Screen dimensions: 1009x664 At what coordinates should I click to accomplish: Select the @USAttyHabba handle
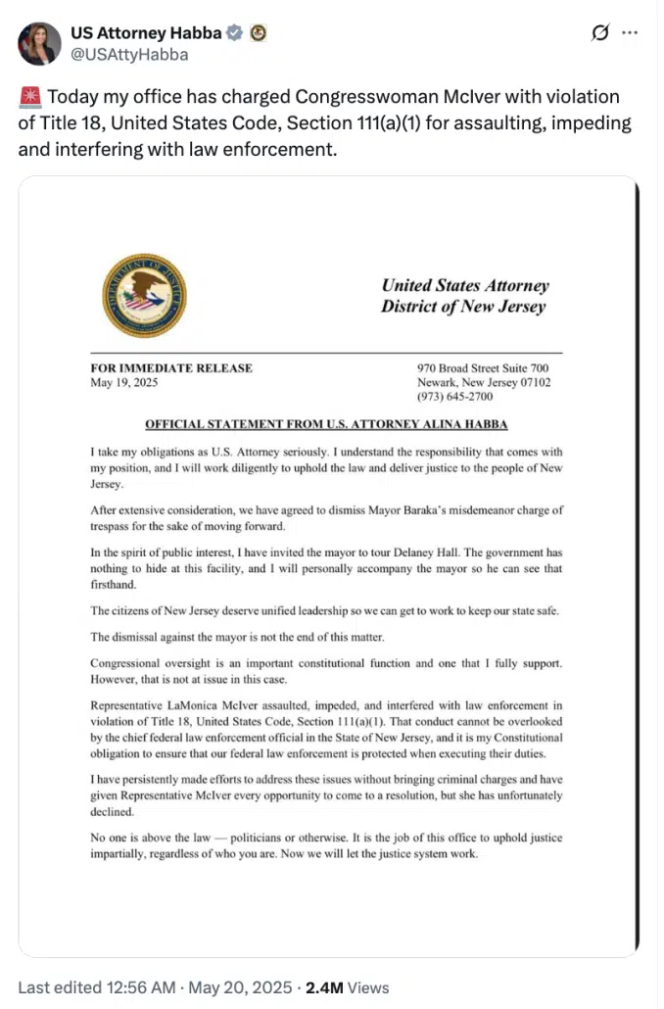(x=129, y=55)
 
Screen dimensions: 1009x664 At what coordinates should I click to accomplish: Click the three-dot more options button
(x=632, y=34)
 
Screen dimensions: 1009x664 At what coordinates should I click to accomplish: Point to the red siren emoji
(x=29, y=98)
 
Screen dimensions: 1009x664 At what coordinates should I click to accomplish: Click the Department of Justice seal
(x=144, y=295)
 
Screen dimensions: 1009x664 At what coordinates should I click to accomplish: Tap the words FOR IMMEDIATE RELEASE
(x=171, y=368)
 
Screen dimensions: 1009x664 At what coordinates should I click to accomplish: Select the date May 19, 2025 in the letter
(x=122, y=383)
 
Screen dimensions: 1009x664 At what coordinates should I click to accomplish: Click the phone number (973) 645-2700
(x=455, y=397)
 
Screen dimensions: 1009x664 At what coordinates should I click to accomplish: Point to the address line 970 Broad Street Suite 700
(x=484, y=368)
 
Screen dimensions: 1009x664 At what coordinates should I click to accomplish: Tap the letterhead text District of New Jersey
(x=464, y=307)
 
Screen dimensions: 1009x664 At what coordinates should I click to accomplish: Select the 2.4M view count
(x=325, y=987)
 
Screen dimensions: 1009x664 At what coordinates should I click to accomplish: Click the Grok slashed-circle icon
(x=600, y=34)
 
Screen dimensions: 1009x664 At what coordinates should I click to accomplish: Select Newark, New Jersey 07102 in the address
(x=484, y=383)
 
